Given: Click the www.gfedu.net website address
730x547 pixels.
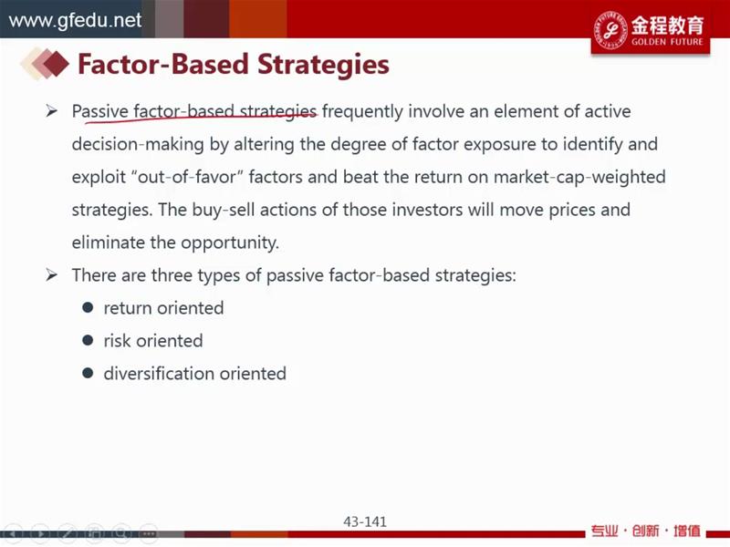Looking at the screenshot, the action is pos(75,20).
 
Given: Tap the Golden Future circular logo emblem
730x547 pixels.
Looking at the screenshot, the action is pos(610,29).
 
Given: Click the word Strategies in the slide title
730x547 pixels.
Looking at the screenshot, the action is pos(323,64).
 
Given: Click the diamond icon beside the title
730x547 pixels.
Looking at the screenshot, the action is pos(45,64).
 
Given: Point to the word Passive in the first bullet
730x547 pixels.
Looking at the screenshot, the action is pos(100,111).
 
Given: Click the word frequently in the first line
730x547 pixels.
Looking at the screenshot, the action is pos(362,112).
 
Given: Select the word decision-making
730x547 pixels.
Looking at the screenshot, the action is pos(138,145).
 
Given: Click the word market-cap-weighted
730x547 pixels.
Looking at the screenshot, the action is pos(579,177).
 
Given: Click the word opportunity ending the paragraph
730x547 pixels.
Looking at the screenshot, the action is pos(230,243).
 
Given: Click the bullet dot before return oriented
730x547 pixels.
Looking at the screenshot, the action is pos(88,307).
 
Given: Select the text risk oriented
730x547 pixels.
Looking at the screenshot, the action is pos(153,341).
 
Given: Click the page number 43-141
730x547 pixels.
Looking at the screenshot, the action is pos(365,521).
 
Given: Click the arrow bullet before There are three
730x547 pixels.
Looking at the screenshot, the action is pos(52,275).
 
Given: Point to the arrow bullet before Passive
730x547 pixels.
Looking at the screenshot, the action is pos(52,111).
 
